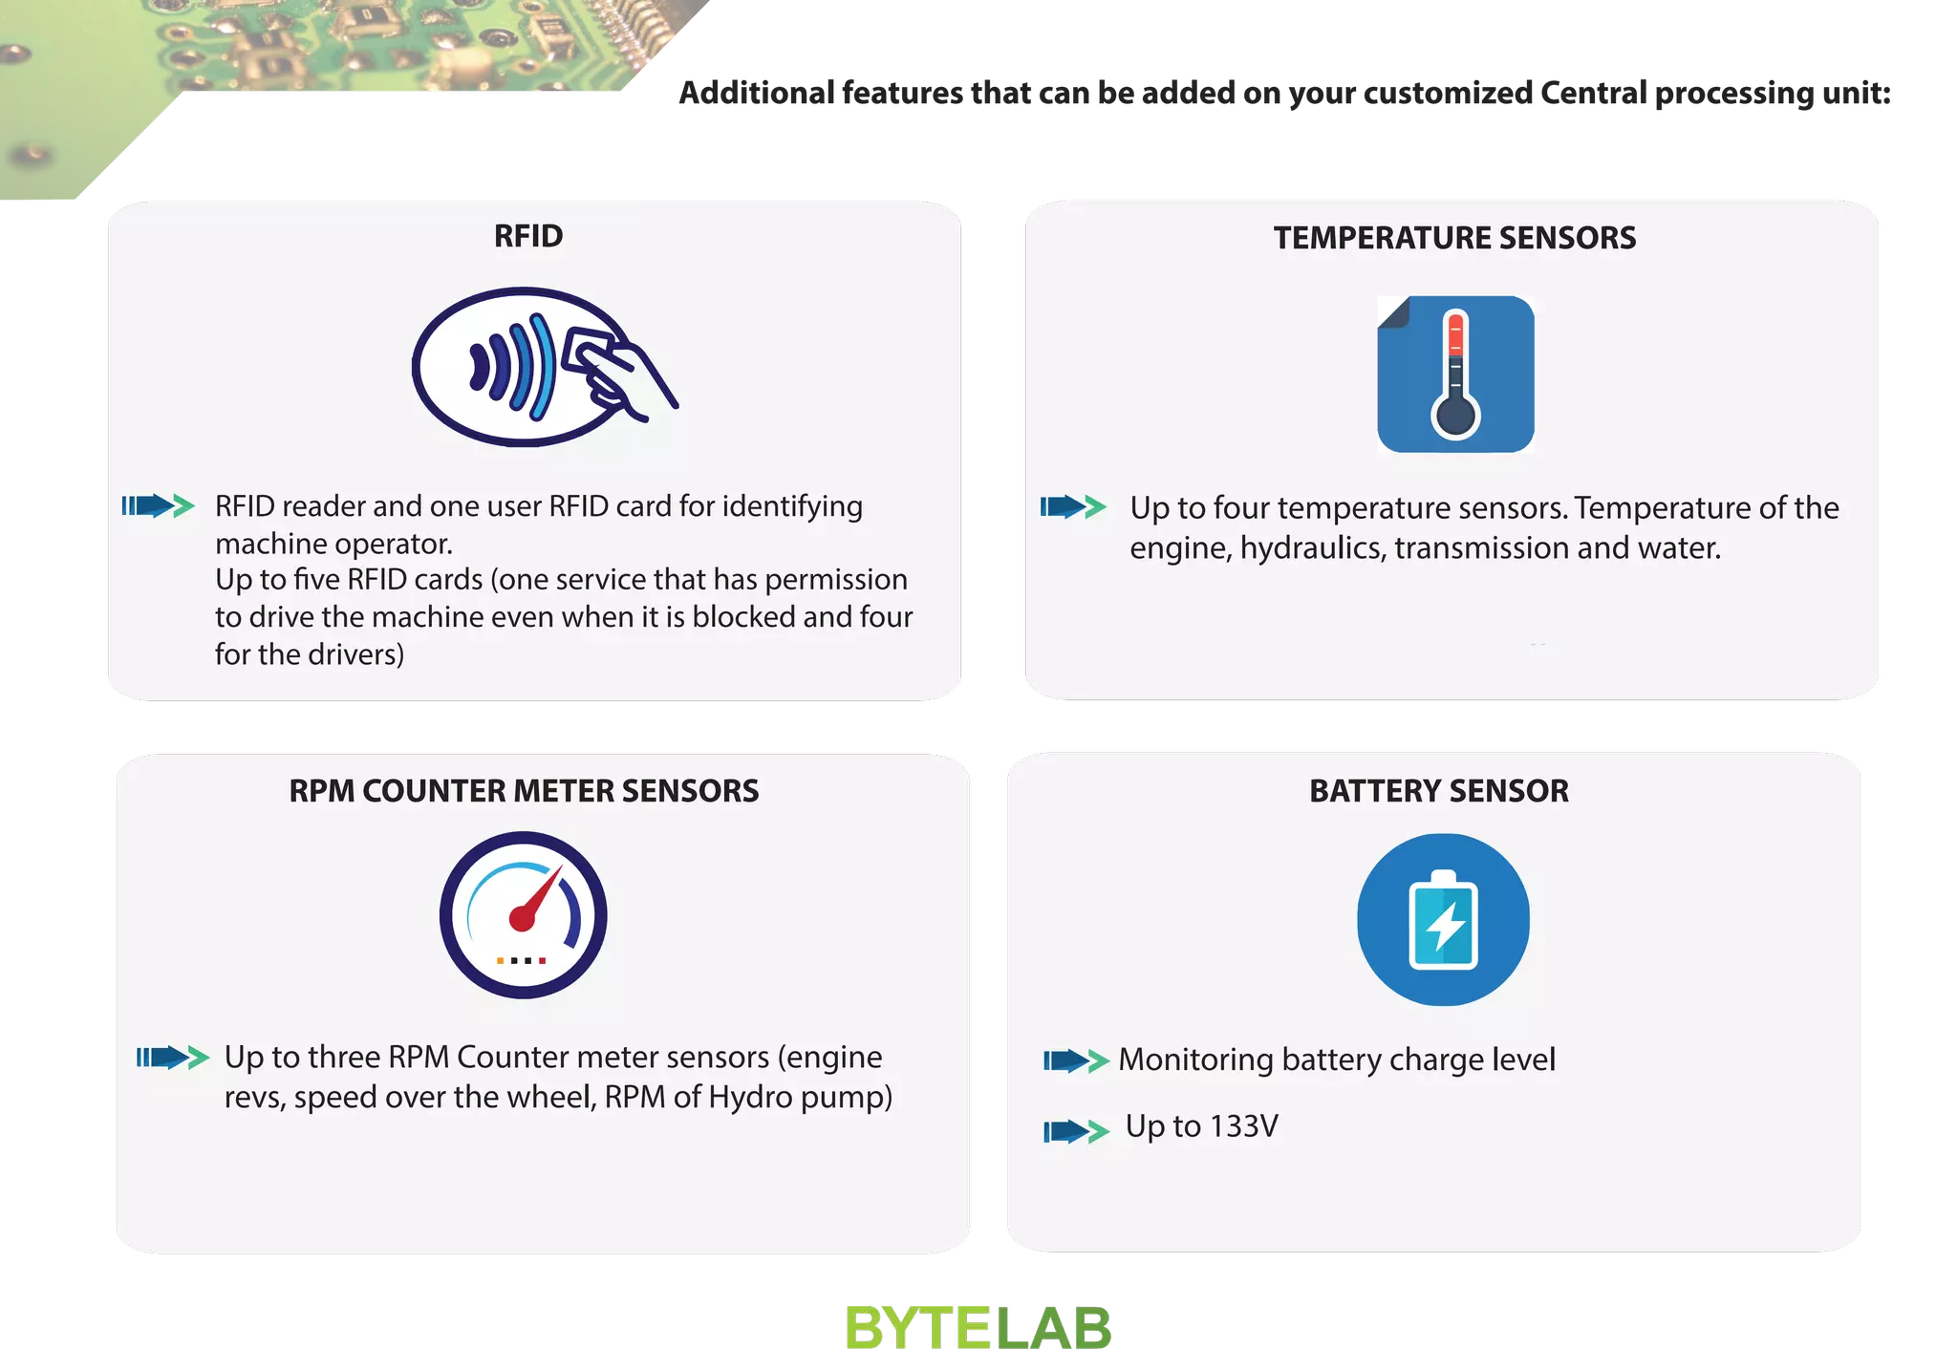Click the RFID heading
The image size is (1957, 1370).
coord(528,236)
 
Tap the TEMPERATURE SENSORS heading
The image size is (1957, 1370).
coord(1454,238)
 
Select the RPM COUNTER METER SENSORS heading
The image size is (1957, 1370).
coord(524,791)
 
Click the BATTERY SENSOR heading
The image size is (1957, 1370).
coord(1438,791)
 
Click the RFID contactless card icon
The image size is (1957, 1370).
coord(543,368)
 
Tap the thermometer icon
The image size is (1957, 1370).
coord(1455,375)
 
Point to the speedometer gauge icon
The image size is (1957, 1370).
coord(523,915)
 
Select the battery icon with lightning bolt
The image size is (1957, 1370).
coord(1443,919)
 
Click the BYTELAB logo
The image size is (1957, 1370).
coord(978,1328)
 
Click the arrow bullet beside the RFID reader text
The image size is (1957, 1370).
coord(158,505)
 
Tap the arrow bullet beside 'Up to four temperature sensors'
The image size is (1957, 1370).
coord(1073,506)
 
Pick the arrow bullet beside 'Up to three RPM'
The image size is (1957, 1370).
coord(172,1057)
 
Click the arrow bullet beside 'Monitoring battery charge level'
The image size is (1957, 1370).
coord(1076,1060)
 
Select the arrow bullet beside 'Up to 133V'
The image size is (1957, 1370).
coord(1076,1131)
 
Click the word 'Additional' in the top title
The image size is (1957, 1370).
coord(756,94)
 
